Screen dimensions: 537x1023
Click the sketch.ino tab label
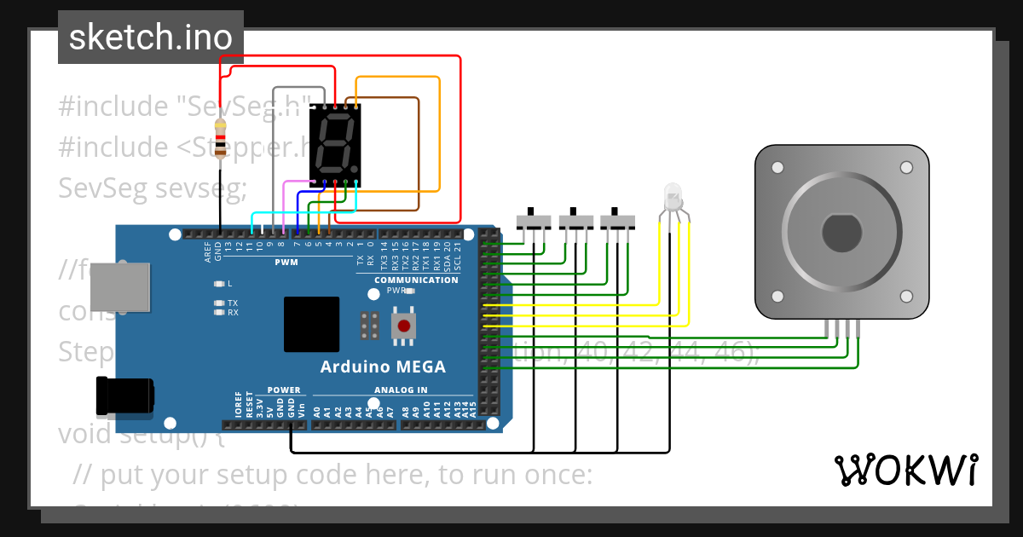pos(151,38)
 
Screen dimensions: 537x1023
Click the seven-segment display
pos(335,145)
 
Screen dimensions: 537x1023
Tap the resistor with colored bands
pos(221,138)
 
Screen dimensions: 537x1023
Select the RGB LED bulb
pos(673,197)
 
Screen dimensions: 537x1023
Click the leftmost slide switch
pos(535,221)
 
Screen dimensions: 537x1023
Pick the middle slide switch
pos(576,221)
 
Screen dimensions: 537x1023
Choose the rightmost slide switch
pos(618,221)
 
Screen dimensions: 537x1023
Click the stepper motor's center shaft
pos(841,232)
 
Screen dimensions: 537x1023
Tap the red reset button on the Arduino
pos(403,325)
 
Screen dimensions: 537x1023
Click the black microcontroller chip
pos(311,324)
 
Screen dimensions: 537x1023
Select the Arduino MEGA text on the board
pos(383,367)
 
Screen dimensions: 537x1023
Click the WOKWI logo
pos(905,470)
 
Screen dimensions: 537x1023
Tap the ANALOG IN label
pos(401,390)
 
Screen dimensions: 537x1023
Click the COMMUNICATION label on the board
pos(416,280)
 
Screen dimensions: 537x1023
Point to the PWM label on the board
pos(286,263)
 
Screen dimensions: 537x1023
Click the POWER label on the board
pos(284,390)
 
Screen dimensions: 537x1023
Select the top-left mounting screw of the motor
pos(777,168)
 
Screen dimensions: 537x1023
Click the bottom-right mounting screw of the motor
pos(906,296)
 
